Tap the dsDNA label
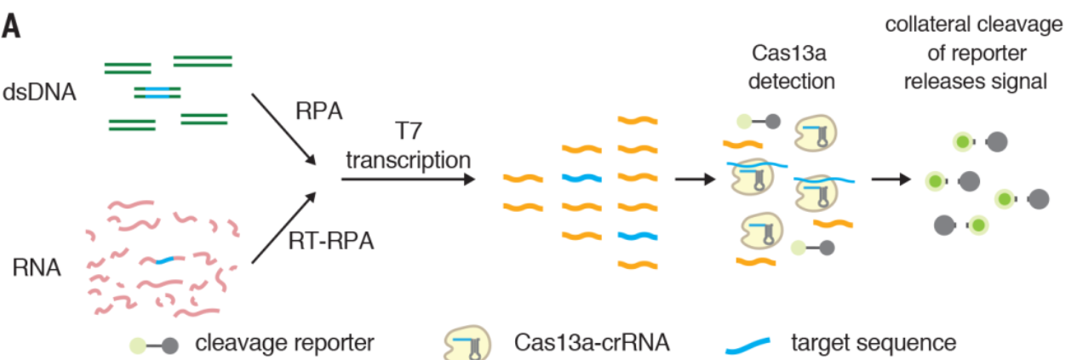point(41,92)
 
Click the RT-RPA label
point(330,243)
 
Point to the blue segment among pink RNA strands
point(166,259)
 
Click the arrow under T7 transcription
point(407,180)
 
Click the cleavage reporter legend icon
point(153,345)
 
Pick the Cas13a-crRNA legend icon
point(467,344)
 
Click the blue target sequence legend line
point(747,345)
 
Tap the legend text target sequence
point(874,343)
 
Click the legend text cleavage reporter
point(284,343)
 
